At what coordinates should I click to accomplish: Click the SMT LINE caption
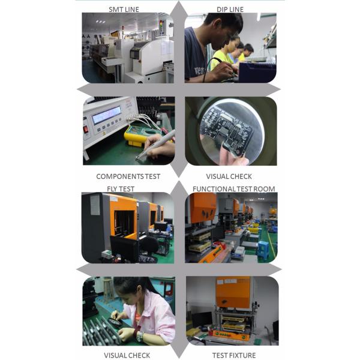pos(124,10)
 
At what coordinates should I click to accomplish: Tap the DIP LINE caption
pos(230,10)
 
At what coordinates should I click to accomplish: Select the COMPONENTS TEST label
pos(128,176)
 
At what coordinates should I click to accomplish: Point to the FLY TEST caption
pos(121,189)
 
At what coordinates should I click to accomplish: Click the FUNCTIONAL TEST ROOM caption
pos(234,189)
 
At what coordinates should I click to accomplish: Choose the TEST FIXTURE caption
pos(234,355)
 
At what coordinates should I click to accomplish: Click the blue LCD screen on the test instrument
pos(107,115)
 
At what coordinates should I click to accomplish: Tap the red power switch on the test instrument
pos(86,130)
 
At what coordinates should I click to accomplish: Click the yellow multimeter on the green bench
pos(138,136)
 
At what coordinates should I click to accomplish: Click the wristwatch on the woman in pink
pos(140,337)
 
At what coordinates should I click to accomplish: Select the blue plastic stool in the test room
pos(263,248)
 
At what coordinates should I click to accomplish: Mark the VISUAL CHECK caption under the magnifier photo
pos(229,176)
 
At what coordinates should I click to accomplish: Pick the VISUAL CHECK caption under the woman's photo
pos(127,355)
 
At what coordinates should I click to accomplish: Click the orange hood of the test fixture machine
pos(233,292)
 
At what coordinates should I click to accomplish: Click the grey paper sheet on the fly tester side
pos(95,205)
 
